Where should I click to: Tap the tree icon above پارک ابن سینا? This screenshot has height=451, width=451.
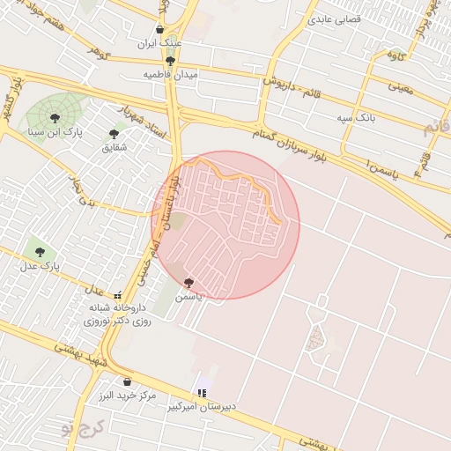[55, 117]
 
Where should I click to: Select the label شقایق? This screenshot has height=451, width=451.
[115, 147]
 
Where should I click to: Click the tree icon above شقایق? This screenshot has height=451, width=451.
[114, 134]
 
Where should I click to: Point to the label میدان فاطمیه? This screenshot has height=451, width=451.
[171, 75]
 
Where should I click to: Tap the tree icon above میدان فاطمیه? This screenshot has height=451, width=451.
[170, 61]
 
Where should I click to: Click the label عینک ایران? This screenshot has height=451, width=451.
[159, 42]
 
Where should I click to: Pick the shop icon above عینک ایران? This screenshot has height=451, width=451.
[159, 29]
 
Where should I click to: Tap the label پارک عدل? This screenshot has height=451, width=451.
[39, 265]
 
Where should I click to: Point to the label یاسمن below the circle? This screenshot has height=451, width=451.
[189, 297]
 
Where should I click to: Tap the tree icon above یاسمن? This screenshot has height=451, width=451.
[189, 283]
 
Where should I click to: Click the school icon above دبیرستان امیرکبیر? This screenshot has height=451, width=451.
[202, 393]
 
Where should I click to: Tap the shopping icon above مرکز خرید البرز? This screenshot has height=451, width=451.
[128, 382]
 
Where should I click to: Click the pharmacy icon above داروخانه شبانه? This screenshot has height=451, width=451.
[118, 295]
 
